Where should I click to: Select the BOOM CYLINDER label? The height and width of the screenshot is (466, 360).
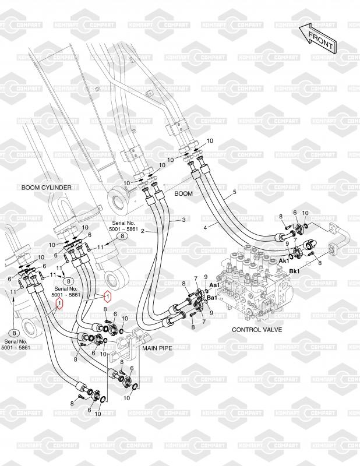pos(46,188)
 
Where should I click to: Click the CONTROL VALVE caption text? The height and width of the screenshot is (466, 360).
pos(257,329)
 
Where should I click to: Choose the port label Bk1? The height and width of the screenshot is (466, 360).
pos(294,271)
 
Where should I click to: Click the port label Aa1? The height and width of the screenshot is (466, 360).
pos(214,285)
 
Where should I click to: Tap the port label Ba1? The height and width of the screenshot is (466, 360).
pos(212,298)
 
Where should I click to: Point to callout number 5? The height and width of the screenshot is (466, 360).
pos(234,192)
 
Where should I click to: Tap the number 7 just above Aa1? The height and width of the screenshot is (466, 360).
pos(196,278)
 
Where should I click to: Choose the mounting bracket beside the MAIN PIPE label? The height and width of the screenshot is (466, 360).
pos(129,343)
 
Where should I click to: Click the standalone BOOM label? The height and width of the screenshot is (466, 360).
pos(183,193)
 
